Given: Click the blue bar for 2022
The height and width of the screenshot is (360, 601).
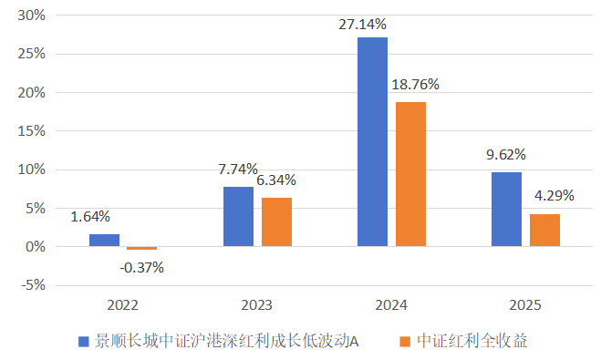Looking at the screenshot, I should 104,240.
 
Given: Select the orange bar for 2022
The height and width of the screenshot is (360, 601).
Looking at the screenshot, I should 141,248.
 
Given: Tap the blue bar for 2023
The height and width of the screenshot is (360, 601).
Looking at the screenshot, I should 238,216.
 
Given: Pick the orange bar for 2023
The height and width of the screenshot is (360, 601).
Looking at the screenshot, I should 276,221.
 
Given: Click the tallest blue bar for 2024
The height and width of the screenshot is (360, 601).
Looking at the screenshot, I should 372,141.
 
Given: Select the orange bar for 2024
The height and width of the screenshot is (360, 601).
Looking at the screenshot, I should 410,173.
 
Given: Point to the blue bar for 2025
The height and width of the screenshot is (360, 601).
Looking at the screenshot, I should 506,209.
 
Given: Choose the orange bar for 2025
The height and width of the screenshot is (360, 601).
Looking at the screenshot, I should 544,230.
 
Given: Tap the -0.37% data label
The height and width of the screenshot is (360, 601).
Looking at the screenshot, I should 141,267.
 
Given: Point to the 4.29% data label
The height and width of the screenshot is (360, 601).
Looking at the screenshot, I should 552,195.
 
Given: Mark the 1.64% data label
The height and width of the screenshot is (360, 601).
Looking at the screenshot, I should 90,217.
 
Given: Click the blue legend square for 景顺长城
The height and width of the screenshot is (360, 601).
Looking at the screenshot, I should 84,342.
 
